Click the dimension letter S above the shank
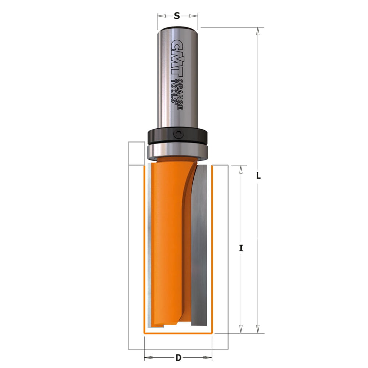pos(177,16)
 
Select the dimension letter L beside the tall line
pos(258,176)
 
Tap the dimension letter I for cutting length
pos(241,248)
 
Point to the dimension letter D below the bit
pos(178,358)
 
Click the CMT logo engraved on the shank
pos(177,58)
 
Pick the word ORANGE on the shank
pos(180,94)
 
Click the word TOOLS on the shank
pos(174,91)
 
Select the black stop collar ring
pos(177,136)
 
